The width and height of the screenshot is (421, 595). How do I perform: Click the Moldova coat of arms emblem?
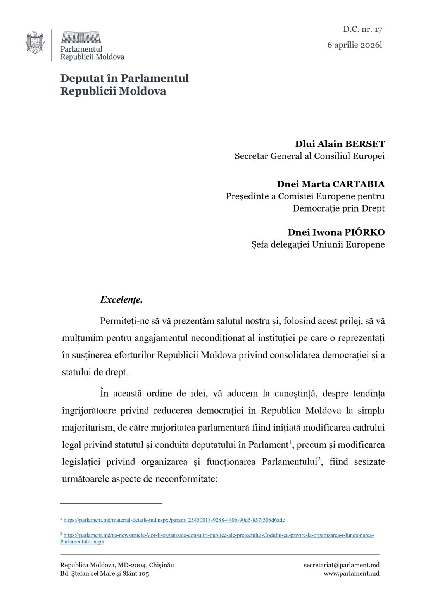pos(35,43)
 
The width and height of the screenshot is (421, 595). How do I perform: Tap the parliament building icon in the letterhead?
pos(81,37)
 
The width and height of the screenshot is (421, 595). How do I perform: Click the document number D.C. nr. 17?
pos(362,29)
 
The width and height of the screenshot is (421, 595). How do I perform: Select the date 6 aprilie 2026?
pos(354,45)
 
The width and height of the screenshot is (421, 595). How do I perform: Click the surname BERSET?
pos(365,144)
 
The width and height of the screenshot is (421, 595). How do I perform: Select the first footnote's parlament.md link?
pos(174,520)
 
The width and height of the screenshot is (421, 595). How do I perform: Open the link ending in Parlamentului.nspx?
pos(82,542)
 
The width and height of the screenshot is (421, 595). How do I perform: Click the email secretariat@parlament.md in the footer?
pos(342,565)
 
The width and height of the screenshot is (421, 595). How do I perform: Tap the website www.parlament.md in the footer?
pos(351,573)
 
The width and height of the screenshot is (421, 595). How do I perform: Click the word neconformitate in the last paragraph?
pos(186,479)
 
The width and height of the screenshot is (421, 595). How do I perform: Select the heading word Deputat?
pos(83,78)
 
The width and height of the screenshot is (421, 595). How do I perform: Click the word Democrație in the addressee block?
pos(317,208)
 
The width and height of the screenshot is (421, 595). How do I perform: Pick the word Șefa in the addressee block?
pos(260,244)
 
